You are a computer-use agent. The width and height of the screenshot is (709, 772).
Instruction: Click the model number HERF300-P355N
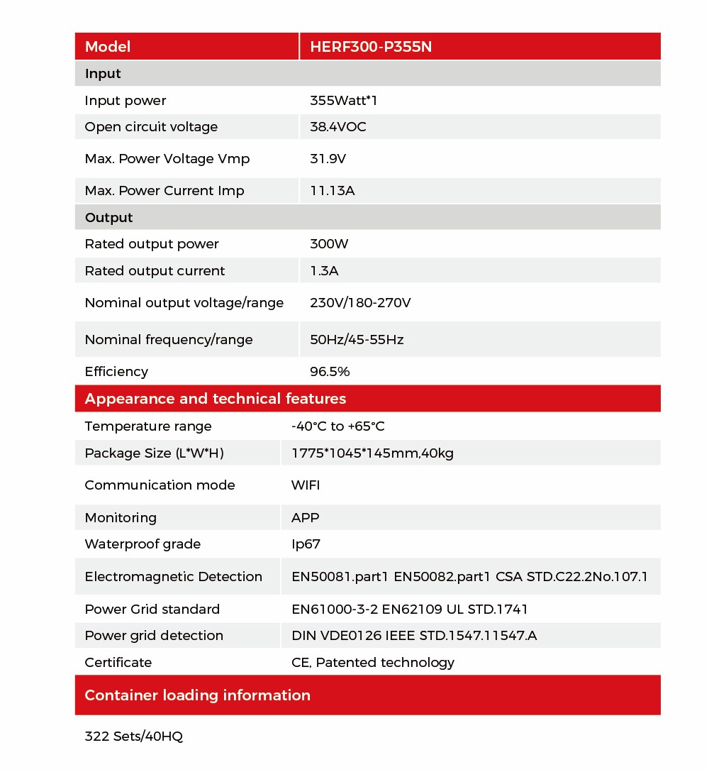pos(371,47)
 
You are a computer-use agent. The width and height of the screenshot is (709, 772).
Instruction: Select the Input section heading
pos(103,74)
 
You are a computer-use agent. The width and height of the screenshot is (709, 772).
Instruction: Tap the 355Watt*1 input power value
pos(344,101)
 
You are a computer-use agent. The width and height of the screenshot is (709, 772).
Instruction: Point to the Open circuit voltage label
pos(151,127)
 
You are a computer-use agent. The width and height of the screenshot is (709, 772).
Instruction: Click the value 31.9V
pos(328,159)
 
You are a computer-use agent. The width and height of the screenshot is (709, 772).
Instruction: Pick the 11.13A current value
pos(332,191)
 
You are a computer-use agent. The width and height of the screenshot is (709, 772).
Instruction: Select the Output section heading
pos(108,218)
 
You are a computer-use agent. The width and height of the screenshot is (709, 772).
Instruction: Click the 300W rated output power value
pos(329,244)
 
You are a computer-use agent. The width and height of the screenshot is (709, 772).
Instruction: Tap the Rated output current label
pos(155,271)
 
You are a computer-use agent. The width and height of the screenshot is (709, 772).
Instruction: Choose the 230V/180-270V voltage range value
pos(360,303)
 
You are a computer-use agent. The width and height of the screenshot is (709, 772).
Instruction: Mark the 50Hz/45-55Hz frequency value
pos(357,340)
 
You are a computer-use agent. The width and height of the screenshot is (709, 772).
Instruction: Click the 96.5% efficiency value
pos(330,372)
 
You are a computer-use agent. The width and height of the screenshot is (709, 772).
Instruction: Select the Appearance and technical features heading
pos(216,399)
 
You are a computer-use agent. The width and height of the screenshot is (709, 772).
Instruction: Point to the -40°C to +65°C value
pos(338,426)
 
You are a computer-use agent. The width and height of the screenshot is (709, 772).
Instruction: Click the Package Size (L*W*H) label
pos(154,453)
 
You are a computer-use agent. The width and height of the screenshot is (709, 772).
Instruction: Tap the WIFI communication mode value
pos(306,485)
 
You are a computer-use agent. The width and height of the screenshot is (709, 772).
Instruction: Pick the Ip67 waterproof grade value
pos(305,544)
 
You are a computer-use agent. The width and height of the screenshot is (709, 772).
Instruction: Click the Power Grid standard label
pos(152,610)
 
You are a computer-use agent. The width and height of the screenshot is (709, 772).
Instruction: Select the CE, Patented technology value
pos(373,663)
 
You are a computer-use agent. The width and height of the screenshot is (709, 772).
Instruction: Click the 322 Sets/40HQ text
pos(133,737)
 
